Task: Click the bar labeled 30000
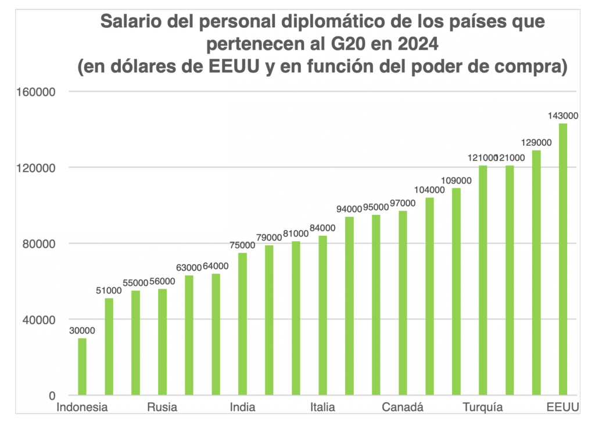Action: (x=83, y=367)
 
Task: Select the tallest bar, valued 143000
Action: (x=563, y=259)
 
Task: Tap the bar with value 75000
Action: (x=243, y=324)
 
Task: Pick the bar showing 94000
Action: (x=349, y=306)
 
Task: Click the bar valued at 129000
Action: (x=536, y=272)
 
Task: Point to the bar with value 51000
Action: (x=109, y=346)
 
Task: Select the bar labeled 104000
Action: (x=429, y=296)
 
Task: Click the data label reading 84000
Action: (x=323, y=228)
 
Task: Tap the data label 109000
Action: (x=457, y=180)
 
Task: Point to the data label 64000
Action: (x=216, y=266)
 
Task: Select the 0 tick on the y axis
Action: (x=51, y=396)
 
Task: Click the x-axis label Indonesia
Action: (x=82, y=407)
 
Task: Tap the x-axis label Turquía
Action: (x=483, y=407)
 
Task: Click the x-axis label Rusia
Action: (x=162, y=407)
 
